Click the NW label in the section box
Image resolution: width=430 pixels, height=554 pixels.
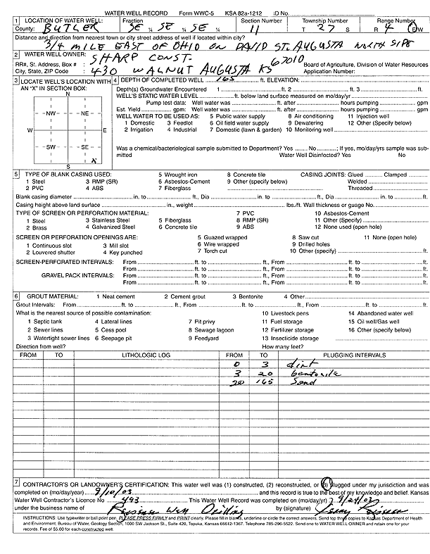pos(51,113)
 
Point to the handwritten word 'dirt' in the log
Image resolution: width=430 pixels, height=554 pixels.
pos(296,365)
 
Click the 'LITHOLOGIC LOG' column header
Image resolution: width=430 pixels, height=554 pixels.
pos(146,355)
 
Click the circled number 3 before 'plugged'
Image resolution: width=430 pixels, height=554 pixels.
pos(325,484)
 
